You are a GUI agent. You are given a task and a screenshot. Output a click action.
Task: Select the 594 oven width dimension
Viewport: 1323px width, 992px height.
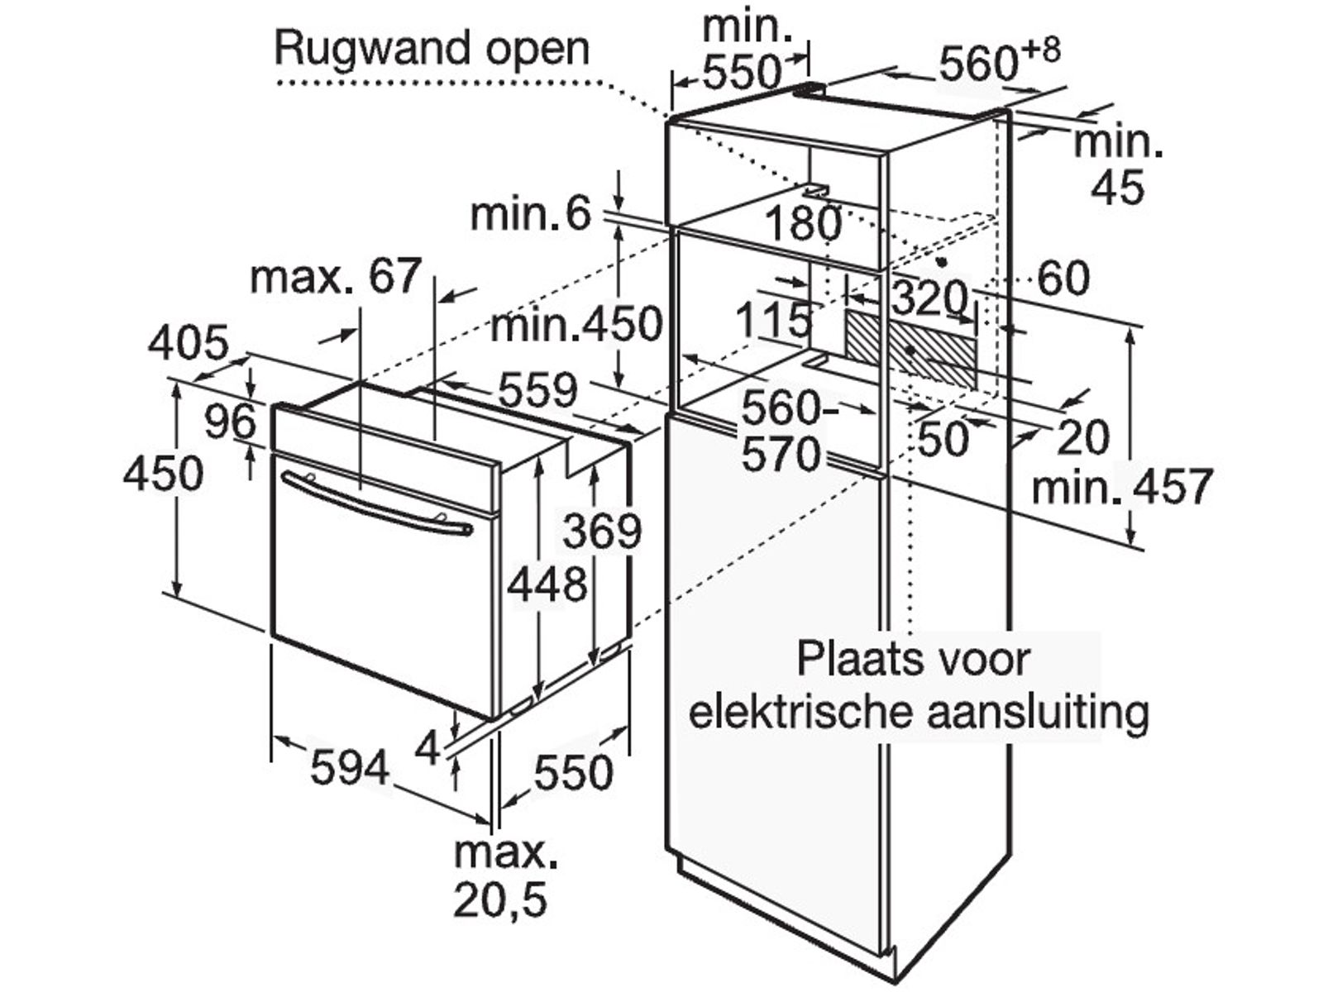(x=349, y=769)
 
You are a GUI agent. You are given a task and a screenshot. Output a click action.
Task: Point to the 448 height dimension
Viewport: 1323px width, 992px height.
(x=547, y=585)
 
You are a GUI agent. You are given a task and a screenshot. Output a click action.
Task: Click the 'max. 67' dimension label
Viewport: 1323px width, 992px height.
(x=336, y=277)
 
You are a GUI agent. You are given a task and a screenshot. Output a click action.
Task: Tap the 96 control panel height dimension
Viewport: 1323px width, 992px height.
(x=231, y=422)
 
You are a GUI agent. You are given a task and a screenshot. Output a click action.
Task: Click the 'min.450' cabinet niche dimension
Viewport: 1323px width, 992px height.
(x=576, y=325)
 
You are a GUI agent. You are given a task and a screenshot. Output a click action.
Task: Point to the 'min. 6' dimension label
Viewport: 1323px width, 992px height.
(x=531, y=216)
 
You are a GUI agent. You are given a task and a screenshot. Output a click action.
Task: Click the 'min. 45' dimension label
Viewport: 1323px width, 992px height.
(x=1118, y=166)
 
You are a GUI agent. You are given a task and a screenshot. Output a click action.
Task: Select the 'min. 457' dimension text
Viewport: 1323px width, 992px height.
(x=1121, y=487)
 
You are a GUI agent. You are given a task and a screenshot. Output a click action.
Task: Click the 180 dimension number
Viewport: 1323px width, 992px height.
(x=803, y=223)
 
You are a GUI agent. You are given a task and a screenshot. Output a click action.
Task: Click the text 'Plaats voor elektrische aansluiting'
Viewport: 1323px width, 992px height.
(x=918, y=686)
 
